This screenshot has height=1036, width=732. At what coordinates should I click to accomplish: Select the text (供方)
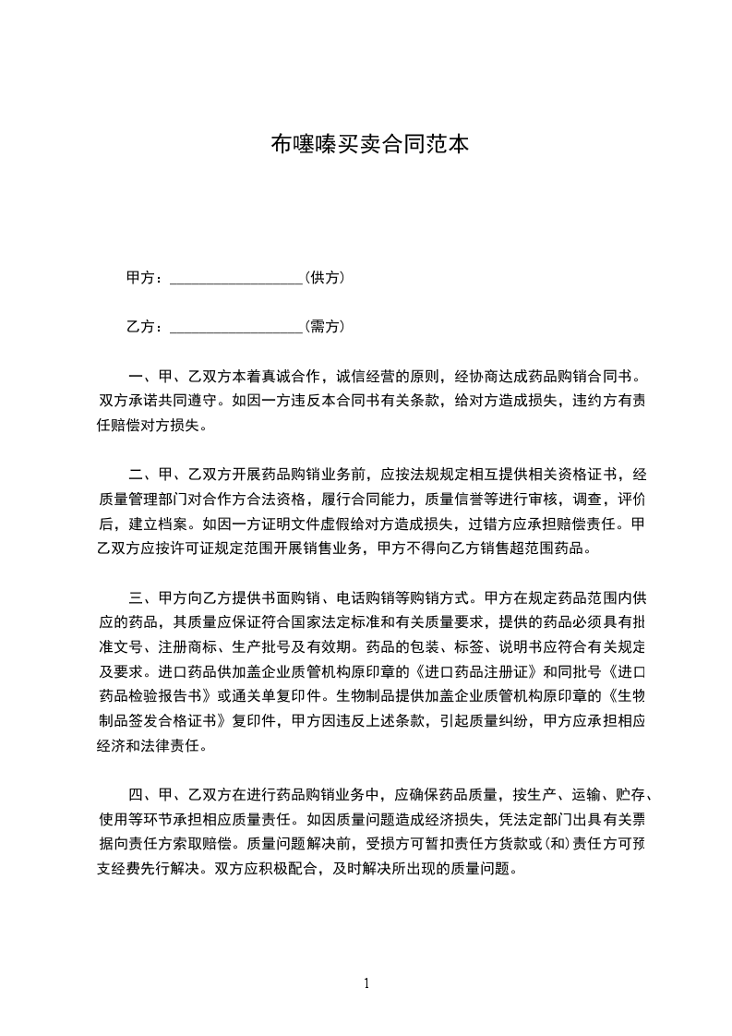coord(324,278)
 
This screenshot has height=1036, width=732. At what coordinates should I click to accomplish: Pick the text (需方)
coord(324,327)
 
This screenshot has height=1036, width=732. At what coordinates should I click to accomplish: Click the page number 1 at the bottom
coord(366,982)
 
